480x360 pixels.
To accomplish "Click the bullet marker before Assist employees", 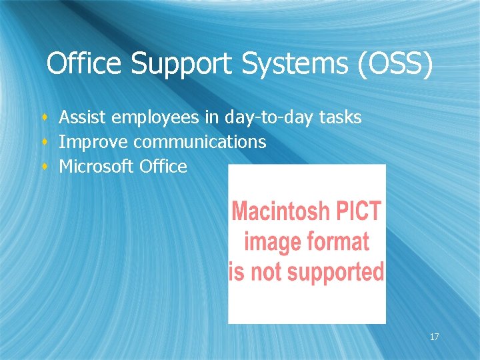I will point(45,119).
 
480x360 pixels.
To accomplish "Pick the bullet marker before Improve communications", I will point(45,143).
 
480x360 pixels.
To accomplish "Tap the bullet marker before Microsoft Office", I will point(45,167).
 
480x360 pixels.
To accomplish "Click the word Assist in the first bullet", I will point(83,118).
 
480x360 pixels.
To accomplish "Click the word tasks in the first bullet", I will point(340,118).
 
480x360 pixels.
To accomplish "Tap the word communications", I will point(200,142).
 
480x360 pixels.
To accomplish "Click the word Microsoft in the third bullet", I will point(97,167).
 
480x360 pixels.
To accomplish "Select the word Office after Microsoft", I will point(164,167).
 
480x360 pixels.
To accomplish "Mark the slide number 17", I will point(434,337).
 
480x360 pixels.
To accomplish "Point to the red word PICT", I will point(361,213).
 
